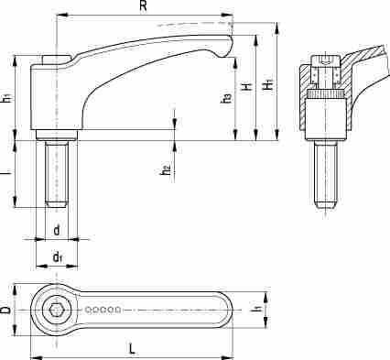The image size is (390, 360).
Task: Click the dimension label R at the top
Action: tap(143, 6)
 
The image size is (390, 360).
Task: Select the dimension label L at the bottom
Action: tap(132, 348)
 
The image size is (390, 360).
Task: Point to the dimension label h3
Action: tap(226, 98)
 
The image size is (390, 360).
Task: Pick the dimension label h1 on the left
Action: tap(6, 98)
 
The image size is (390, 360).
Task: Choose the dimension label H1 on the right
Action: tap(268, 85)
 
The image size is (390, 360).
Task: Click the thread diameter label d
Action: tap(57, 230)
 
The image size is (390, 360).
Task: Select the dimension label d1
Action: tap(58, 257)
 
